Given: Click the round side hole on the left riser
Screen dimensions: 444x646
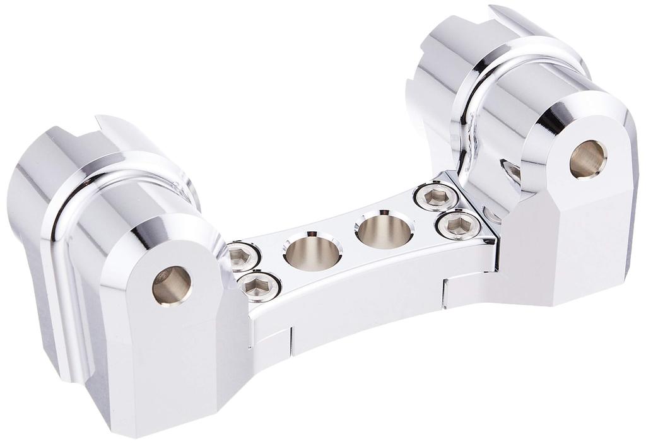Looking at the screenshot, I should (172, 285).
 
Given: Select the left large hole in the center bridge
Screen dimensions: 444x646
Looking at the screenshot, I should (312, 250).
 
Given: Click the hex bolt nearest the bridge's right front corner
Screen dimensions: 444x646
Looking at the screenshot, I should (459, 225).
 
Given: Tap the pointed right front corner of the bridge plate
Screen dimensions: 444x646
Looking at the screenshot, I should (495, 240).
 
